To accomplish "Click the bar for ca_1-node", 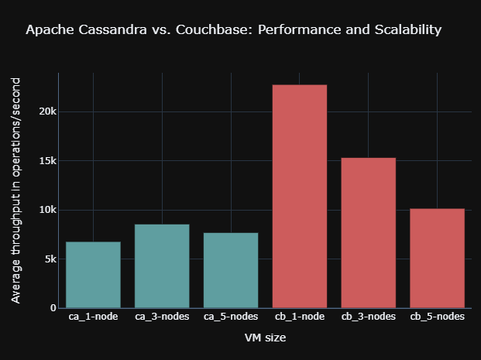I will click(x=93, y=275).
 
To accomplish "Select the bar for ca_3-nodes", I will click(x=162, y=266).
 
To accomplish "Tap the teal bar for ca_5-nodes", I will click(x=231, y=270).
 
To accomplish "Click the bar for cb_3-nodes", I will click(x=369, y=232).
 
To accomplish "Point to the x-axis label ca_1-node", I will click(x=93, y=317).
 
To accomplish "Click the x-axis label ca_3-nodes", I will click(x=162, y=317).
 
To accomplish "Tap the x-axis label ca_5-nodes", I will click(x=231, y=317).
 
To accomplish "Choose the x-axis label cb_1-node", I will click(x=300, y=317).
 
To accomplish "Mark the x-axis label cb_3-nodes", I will click(x=369, y=317).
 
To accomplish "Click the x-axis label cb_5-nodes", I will click(x=438, y=317).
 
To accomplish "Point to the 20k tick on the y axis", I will click(x=47, y=111).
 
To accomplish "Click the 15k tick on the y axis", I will click(x=47, y=161).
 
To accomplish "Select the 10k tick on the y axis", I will click(x=47, y=210).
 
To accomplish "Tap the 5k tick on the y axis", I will click(x=50, y=259).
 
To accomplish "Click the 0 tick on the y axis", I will click(x=53, y=308).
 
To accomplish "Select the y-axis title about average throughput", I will click(x=16, y=190).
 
